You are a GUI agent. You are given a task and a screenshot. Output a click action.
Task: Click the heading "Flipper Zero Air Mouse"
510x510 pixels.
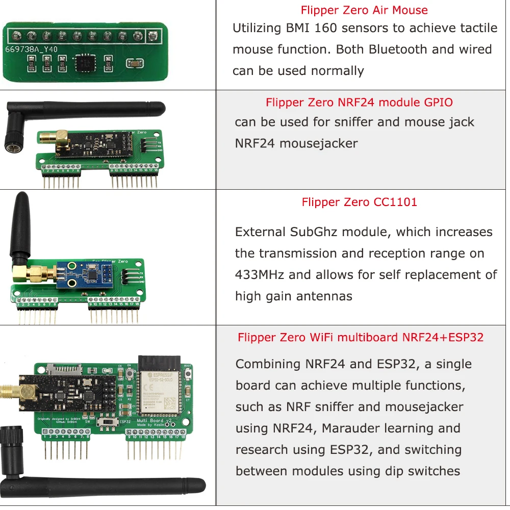click(364, 10)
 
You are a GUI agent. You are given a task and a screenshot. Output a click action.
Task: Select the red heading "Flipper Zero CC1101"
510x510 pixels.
click(359, 202)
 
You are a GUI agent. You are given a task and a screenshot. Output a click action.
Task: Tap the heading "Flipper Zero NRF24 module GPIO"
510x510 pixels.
click(359, 103)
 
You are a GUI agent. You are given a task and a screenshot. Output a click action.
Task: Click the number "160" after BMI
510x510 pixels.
click(322, 28)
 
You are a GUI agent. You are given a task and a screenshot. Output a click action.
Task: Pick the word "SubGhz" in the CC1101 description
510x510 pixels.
click(314, 232)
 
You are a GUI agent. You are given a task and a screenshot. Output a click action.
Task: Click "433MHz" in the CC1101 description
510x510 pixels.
click(260, 275)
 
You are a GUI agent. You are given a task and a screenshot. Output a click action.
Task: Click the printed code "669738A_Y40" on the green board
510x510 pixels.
click(31, 49)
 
